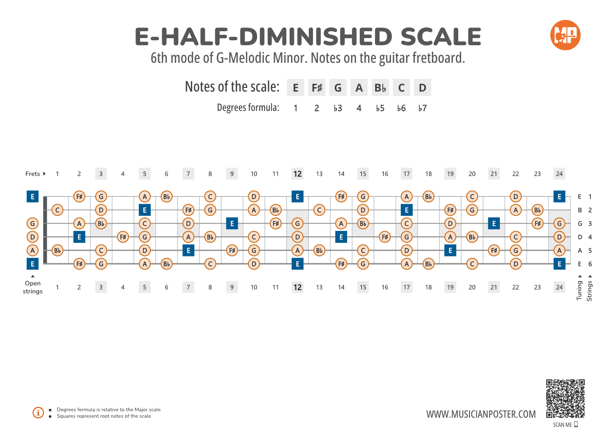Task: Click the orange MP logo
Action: click(x=565, y=35)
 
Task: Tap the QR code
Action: click(x=565, y=399)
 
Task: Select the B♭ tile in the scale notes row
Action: click(x=380, y=88)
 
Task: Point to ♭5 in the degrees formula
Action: click(x=380, y=108)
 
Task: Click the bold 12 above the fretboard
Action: click(x=297, y=174)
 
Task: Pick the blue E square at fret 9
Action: click(x=232, y=224)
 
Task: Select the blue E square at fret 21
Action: click(x=494, y=224)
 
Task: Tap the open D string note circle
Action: click(x=32, y=237)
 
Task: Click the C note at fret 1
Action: click(x=57, y=210)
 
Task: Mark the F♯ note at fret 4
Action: click(x=123, y=237)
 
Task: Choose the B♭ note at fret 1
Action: click(x=57, y=250)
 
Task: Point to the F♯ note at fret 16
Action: click(x=385, y=237)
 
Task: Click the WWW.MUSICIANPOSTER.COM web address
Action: click(x=481, y=414)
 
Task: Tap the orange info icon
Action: click(x=38, y=413)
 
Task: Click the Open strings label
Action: click(x=32, y=287)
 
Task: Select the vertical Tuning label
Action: click(x=579, y=291)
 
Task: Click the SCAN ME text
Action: click(x=563, y=425)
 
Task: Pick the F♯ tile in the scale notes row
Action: click(x=317, y=88)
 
